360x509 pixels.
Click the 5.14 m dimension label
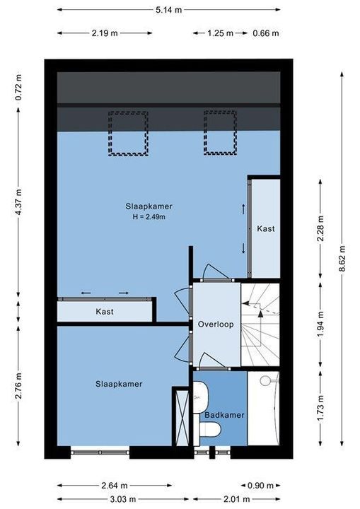click(x=168, y=10)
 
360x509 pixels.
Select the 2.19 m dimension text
click(x=105, y=33)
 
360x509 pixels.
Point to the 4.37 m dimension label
click(x=18, y=201)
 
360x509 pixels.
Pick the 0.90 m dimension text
click(x=260, y=486)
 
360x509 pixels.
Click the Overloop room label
click(x=216, y=324)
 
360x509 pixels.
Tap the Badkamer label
click(x=224, y=415)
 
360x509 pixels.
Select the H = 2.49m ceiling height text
click(x=149, y=217)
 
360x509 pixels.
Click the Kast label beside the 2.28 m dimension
click(x=266, y=228)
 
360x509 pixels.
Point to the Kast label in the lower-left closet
click(x=105, y=312)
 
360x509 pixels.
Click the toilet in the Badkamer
click(x=210, y=429)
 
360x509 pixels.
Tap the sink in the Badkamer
click(x=200, y=397)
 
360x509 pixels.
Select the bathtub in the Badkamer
click(x=264, y=409)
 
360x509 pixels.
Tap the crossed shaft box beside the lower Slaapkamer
click(x=182, y=418)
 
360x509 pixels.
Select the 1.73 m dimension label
click(x=320, y=408)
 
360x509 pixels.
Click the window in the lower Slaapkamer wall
click(x=100, y=452)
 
